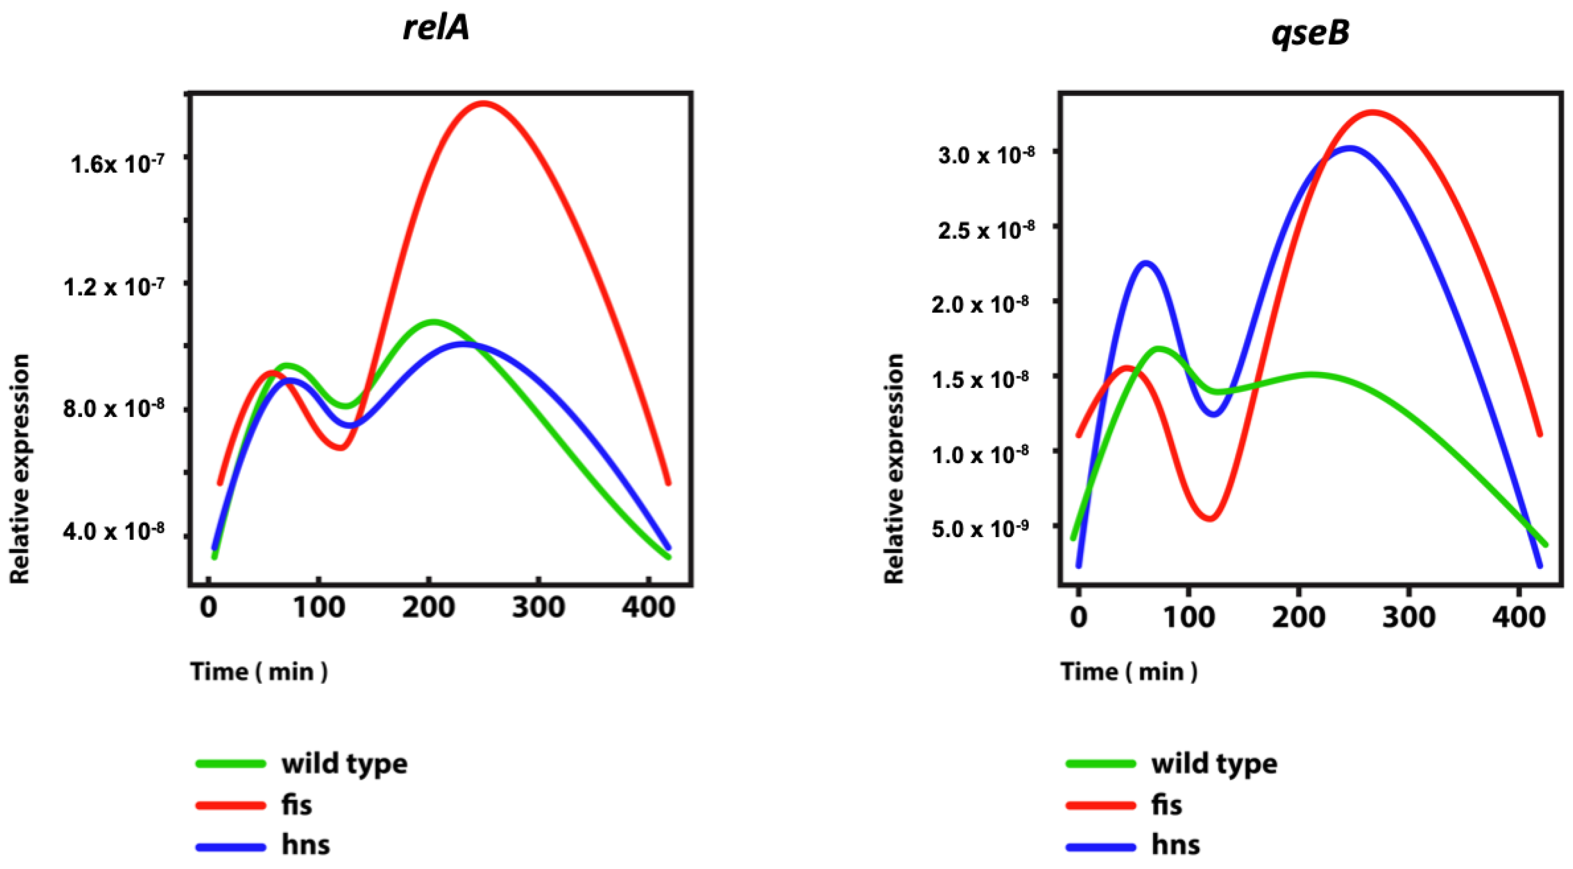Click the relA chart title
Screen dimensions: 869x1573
point(436,28)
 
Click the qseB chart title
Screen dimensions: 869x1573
point(1310,32)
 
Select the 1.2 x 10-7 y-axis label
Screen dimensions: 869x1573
point(113,286)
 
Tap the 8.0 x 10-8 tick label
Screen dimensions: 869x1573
point(113,408)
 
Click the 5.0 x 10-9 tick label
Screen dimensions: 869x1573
point(980,528)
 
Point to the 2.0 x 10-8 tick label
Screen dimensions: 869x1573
point(983,304)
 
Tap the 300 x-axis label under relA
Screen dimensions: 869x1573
point(538,607)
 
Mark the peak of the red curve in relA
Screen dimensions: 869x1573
point(484,103)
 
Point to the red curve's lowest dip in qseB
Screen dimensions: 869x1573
point(1209,519)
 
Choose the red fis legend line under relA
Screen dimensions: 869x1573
point(231,805)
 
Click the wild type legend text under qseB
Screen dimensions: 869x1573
point(1214,763)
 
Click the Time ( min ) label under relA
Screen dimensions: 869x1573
point(259,672)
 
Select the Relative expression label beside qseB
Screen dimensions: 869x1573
point(894,468)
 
